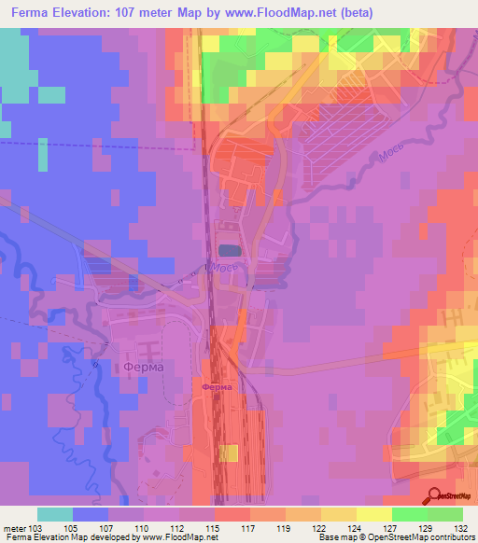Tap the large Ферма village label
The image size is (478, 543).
pos(143,367)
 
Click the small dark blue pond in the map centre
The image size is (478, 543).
pos(228,249)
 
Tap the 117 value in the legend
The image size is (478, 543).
pos(246,527)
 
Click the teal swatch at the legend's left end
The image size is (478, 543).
pos(55,514)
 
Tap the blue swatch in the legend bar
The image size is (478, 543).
pos(91,514)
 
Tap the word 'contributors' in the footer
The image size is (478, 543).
pos(449,537)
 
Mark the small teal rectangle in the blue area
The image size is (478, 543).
pos(43,155)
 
